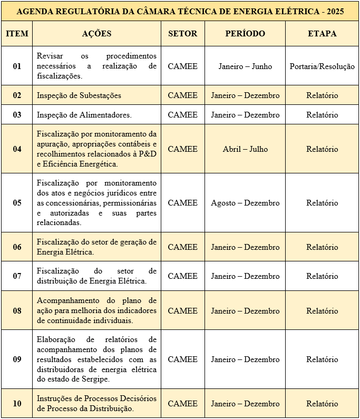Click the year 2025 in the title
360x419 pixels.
coord(334,11)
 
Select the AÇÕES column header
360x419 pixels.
coord(97,34)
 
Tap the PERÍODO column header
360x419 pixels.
coord(245,34)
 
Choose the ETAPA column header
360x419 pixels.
coord(322,34)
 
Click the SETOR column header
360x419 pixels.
coord(182,34)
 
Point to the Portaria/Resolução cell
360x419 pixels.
coord(322,66)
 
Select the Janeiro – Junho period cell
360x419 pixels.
coord(245,66)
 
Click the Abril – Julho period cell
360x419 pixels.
coord(245,149)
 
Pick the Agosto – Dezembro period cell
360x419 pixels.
coord(245,203)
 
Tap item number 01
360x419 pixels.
coord(17,66)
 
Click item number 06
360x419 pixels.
coord(17,247)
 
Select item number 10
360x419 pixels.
coord(17,404)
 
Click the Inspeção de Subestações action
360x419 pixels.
coord(79,95)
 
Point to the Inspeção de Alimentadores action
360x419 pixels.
coord(84,115)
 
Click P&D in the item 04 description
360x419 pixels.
coord(147,154)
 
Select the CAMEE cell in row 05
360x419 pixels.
coord(182,203)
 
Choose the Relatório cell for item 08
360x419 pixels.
coord(322,311)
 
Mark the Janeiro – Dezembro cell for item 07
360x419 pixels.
coord(245,276)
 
